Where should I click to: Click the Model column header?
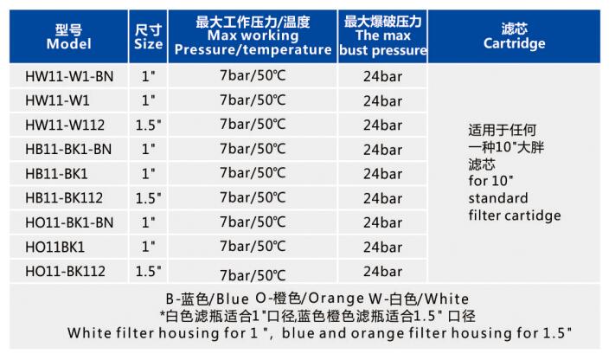click(x=68, y=36)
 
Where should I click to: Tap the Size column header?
click(x=148, y=36)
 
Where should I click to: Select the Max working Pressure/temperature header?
click(x=253, y=36)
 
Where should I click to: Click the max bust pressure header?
click(x=383, y=36)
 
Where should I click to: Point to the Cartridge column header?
click(x=514, y=36)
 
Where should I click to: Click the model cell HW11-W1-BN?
click(x=69, y=76)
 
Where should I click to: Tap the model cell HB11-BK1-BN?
click(x=68, y=149)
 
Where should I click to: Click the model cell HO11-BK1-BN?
click(x=69, y=222)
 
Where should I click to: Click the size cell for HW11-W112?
click(x=148, y=125)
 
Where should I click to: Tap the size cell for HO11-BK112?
click(x=148, y=271)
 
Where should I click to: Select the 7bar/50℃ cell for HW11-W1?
click(x=253, y=100)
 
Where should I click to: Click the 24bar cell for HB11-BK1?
click(x=383, y=174)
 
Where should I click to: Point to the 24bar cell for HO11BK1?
click(x=383, y=247)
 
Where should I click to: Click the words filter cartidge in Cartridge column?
click(x=515, y=215)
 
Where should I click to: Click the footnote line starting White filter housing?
click(x=319, y=333)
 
